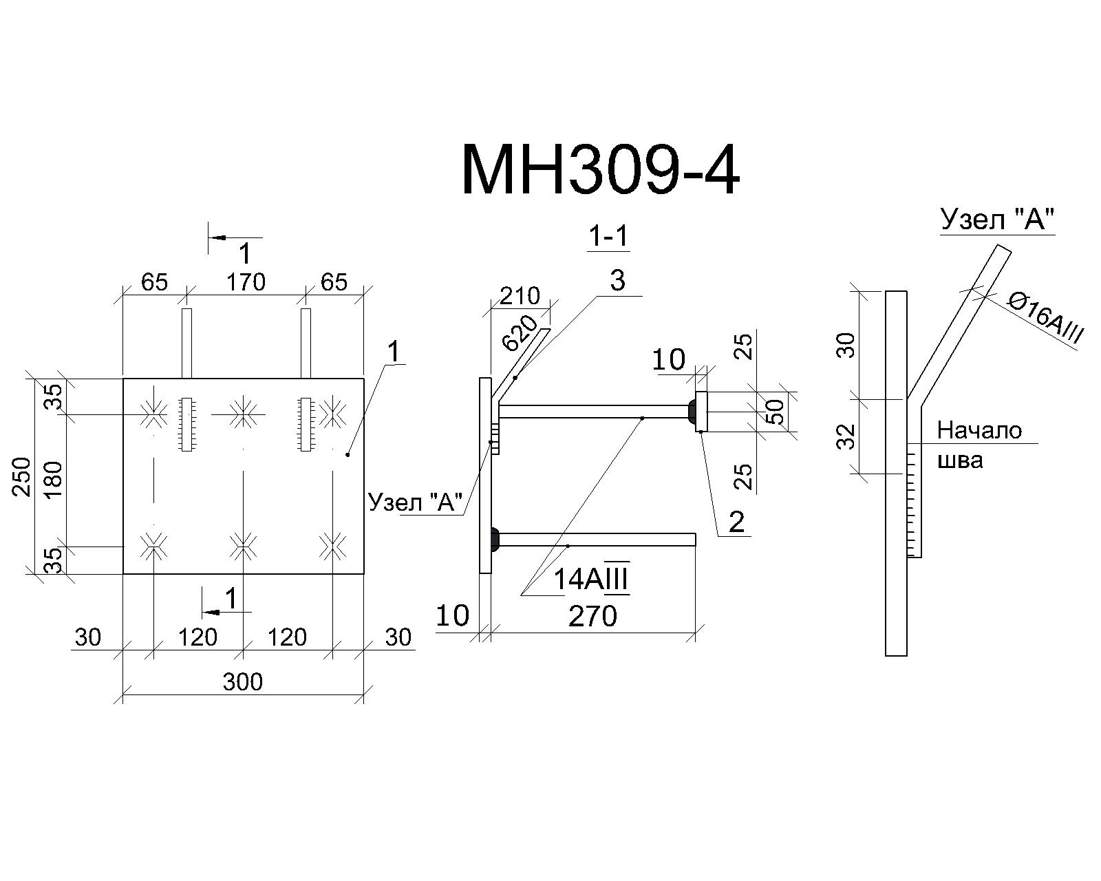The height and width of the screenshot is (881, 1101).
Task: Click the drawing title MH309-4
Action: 601,170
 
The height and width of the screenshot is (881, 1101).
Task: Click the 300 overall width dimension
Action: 243,682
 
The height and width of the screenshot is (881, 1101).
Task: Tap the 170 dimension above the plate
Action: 246,282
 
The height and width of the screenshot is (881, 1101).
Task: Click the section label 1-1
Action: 608,237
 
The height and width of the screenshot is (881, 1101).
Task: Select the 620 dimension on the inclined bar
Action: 520,333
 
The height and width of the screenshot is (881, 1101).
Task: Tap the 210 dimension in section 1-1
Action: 520,296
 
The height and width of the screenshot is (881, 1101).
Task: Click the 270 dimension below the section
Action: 593,616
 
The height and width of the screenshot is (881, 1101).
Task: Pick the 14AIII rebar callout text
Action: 591,578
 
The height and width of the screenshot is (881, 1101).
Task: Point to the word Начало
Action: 979,430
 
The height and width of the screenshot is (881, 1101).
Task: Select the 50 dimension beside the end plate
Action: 776,412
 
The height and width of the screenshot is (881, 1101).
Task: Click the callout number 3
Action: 617,281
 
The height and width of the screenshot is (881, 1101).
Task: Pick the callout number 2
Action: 736,522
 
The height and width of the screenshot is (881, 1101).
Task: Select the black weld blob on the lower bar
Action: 495,539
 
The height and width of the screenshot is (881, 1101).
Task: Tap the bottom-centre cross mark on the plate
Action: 243,546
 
